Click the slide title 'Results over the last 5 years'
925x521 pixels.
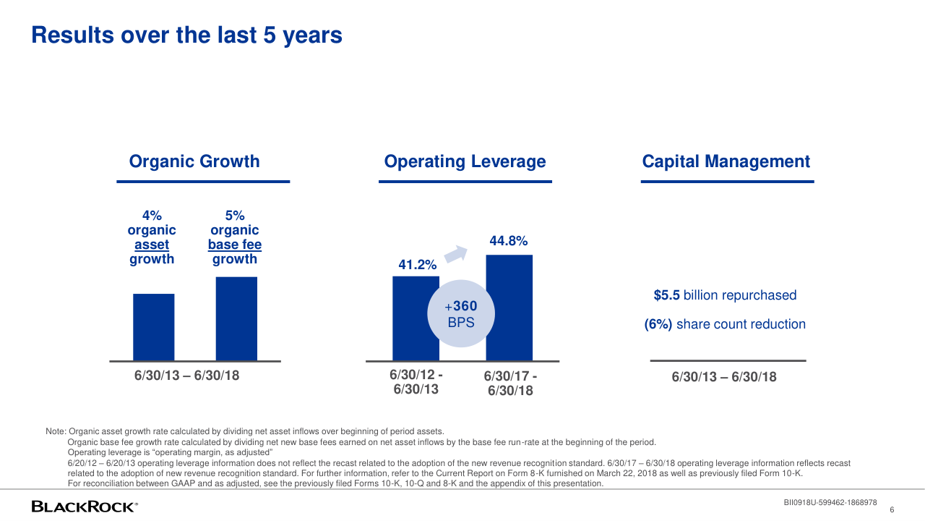coord(186,35)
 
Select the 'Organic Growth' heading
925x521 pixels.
coord(194,161)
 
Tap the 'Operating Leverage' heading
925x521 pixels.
coord(465,161)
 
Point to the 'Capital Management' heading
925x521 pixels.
coord(726,161)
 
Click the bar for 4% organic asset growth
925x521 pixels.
coord(154,327)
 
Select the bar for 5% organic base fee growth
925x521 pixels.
coord(236,319)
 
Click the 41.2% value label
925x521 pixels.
coord(418,265)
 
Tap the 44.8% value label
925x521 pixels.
coord(509,241)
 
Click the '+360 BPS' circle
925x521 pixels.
coord(461,313)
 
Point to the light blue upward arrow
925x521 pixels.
coord(456,253)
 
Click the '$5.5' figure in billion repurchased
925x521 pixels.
coord(666,295)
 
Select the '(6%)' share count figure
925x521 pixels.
coord(658,324)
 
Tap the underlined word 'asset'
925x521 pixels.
coord(152,245)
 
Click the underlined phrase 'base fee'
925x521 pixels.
coord(235,245)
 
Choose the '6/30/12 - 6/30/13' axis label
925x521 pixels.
coord(416,381)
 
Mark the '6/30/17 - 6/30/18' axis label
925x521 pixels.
coord(510,384)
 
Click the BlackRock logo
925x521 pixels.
coord(85,507)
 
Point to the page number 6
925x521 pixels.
coord(892,510)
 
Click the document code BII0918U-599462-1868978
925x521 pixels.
coord(830,503)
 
